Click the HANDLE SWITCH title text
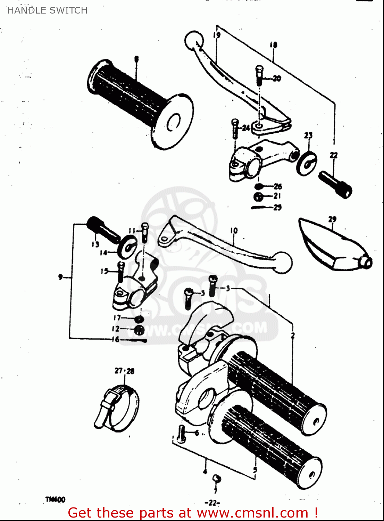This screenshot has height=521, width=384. pos(47,10)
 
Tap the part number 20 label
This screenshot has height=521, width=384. pos(277,78)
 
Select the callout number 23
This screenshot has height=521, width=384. pos(308,135)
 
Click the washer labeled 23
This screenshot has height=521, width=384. pos(307,163)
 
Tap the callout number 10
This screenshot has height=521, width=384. pos(234,230)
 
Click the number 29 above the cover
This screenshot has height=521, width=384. pos(332,219)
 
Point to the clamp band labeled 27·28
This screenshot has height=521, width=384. pos(116,406)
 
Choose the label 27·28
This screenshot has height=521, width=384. pos(124,371)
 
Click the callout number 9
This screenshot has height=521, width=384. pos(61,277)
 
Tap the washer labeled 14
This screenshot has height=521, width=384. pos(128,246)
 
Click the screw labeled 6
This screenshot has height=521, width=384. pos(181,434)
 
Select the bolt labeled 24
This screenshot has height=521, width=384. pos(235,129)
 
